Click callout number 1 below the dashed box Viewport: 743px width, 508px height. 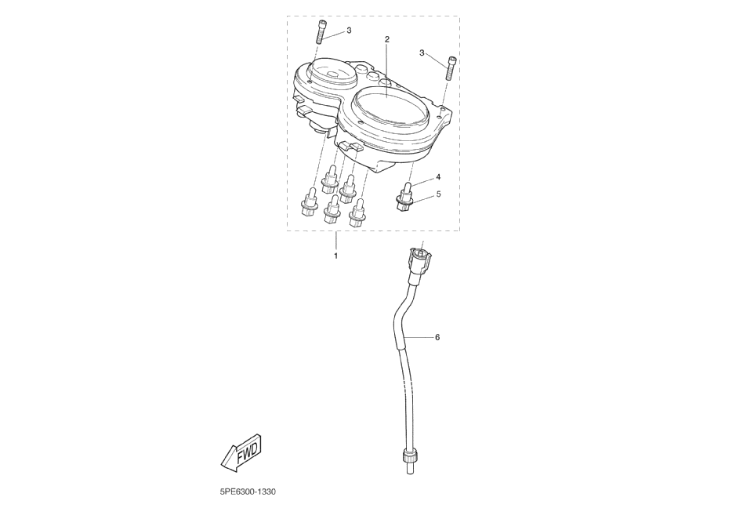tap(336, 256)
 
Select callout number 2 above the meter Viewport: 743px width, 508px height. tap(386, 38)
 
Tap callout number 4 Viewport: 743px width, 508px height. tap(438, 177)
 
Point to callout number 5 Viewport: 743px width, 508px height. tap(438, 193)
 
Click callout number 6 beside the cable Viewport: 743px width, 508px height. tap(437, 337)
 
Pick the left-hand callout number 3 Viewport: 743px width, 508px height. tap(349, 31)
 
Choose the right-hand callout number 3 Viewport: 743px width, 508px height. tap(422, 53)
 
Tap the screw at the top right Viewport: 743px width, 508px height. tap(451, 67)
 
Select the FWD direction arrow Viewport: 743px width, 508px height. tap(242, 452)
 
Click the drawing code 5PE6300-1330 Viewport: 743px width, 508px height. tap(248, 492)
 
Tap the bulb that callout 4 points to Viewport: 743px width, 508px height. tap(406, 188)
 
